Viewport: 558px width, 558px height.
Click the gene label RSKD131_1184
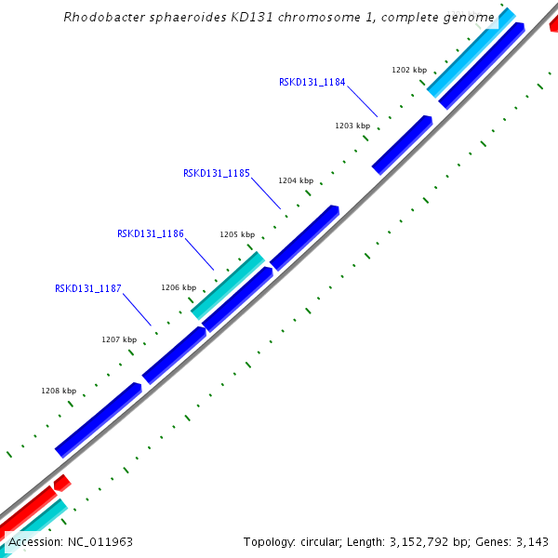point(312,82)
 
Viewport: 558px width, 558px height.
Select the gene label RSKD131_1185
point(216,173)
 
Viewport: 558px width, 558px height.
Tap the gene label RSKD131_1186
point(150,234)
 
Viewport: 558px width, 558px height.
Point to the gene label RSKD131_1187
point(88,288)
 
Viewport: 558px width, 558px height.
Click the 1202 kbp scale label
point(408,70)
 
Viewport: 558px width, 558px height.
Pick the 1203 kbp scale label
point(352,126)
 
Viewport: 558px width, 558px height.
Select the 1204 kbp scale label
point(296,181)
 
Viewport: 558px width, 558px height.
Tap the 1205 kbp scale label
point(237,235)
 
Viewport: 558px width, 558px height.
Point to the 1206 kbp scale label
point(178,288)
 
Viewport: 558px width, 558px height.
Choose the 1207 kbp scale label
point(118,339)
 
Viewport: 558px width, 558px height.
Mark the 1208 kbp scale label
point(58,391)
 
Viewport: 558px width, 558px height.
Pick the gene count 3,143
point(531,541)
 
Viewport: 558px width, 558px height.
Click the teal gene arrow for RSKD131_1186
point(228,285)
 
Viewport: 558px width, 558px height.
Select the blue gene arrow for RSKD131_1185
point(304,237)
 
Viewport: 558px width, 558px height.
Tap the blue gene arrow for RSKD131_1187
point(174,353)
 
